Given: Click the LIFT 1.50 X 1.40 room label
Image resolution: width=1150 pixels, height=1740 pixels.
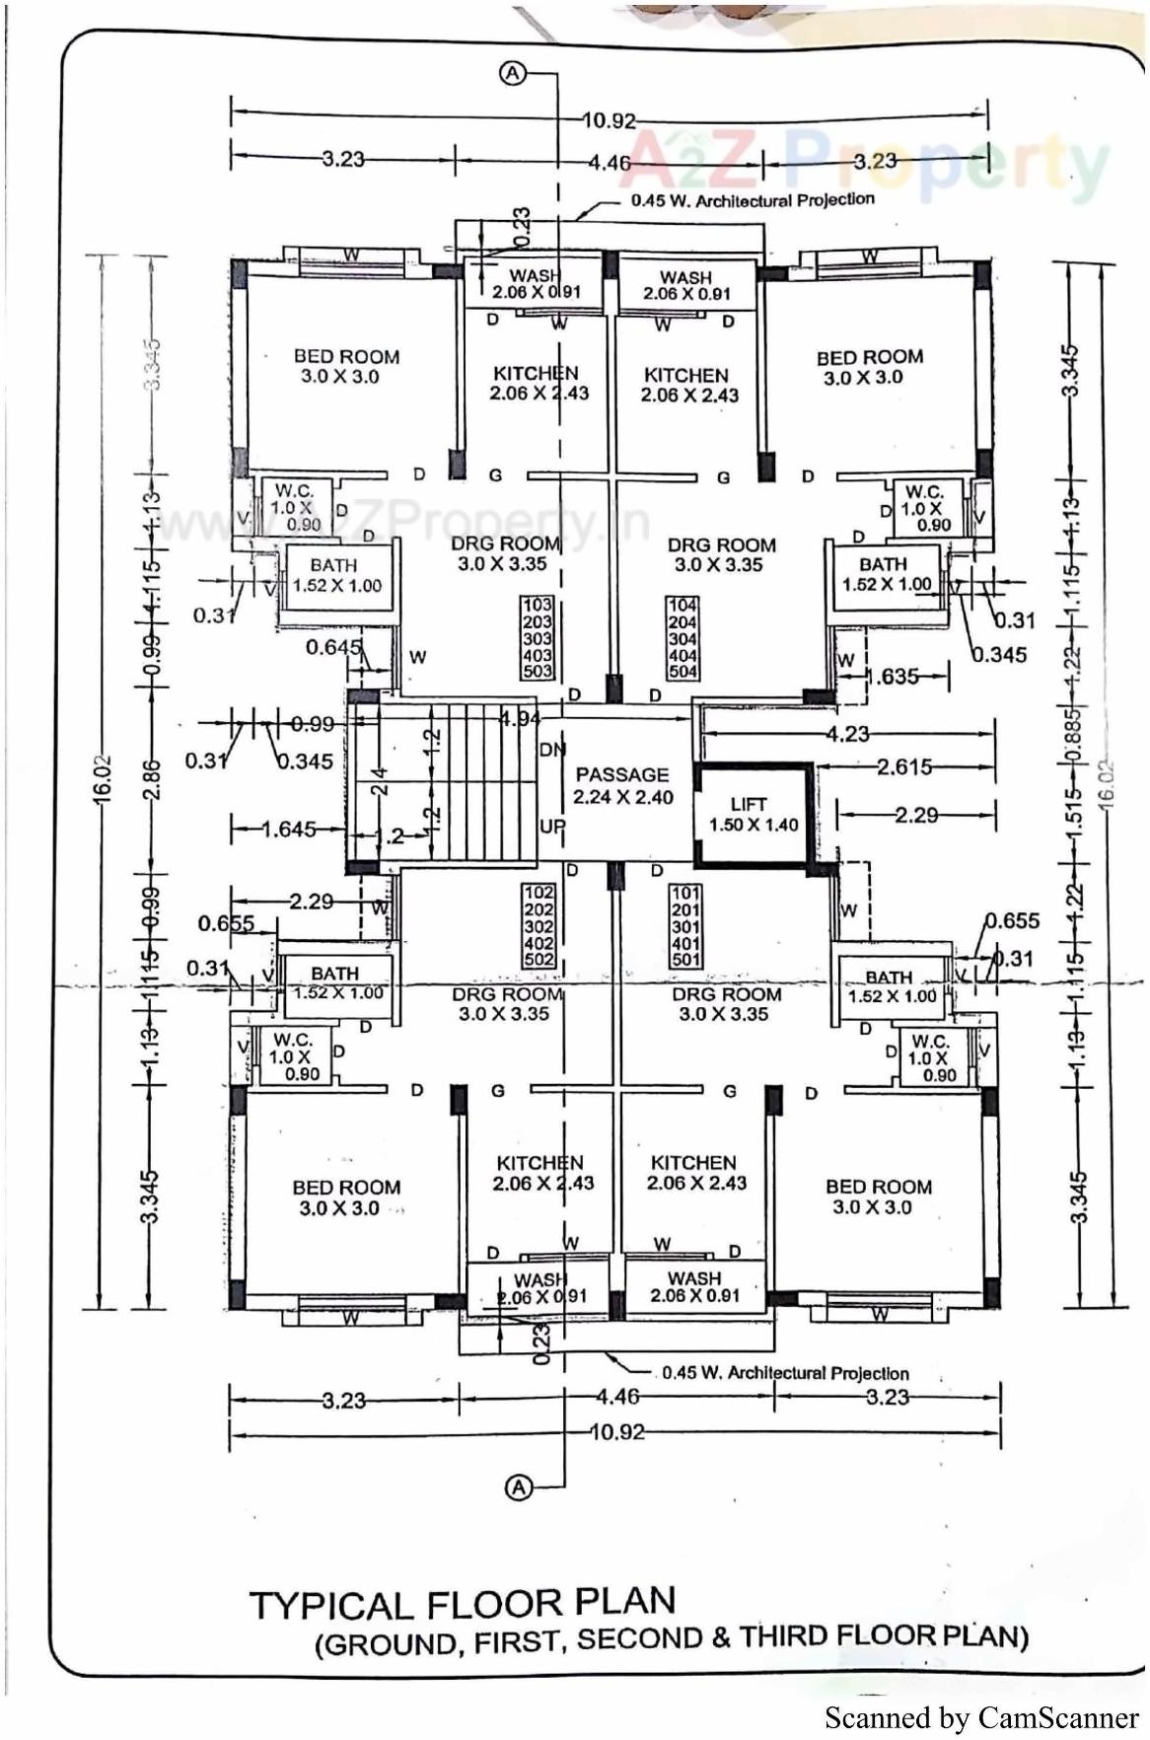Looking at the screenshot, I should click(x=753, y=815).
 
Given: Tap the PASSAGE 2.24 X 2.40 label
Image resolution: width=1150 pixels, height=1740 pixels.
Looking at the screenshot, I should click(x=622, y=786).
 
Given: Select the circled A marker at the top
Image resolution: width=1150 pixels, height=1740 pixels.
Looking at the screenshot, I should click(x=514, y=73).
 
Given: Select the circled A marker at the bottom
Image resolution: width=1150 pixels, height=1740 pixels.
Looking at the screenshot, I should click(x=519, y=1487).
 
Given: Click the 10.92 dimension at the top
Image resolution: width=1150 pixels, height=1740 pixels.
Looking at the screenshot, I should click(x=610, y=120).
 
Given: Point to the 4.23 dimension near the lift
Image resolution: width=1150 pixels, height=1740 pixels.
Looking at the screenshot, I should click(x=848, y=734).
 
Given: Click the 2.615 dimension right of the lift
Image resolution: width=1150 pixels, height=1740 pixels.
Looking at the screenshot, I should click(x=904, y=767).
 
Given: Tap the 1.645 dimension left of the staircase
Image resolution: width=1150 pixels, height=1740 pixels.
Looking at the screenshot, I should click(x=289, y=830).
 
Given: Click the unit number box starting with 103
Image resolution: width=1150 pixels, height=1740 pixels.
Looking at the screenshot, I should click(x=538, y=637).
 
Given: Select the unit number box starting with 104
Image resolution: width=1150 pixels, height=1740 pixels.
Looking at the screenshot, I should click(x=683, y=638).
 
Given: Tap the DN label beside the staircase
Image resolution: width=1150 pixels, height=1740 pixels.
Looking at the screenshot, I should click(x=552, y=750).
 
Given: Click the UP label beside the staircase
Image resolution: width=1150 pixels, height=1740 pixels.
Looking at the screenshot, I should click(x=551, y=827).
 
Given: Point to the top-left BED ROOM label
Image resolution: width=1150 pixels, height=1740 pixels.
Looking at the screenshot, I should click(x=346, y=366).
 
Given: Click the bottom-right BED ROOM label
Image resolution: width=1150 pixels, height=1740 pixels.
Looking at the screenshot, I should click(x=878, y=1196).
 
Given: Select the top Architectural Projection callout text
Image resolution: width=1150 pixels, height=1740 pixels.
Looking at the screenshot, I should click(x=753, y=200).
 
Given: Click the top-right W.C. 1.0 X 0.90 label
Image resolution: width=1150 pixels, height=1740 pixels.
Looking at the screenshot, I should click(x=925, y=507).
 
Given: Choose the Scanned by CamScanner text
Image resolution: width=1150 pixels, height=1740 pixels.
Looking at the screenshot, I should click(x=980, y=1717).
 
